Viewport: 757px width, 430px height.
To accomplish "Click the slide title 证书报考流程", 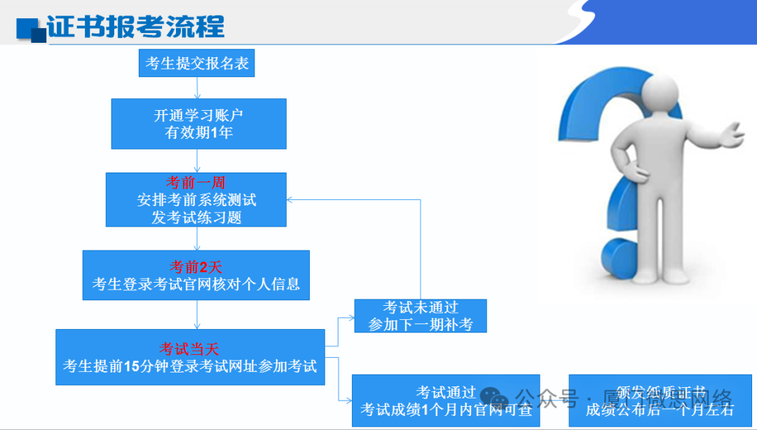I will pos(136,26).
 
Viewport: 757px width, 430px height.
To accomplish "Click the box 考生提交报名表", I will pos(197,64).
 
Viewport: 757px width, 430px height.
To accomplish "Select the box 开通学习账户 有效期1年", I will pos(198,123).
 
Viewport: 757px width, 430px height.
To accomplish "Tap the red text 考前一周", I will pos(196,184).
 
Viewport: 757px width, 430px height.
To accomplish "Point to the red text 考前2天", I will pos(196,267).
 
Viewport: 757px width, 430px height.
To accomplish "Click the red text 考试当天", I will pos(190,349).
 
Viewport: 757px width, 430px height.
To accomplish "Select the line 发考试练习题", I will pos(196,217).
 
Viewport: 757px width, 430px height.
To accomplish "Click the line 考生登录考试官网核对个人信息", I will pos(196,284).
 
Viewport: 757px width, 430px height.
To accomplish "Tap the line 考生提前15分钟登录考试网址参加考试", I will pos(190,366).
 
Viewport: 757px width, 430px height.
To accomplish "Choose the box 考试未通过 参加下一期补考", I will pos(420,316).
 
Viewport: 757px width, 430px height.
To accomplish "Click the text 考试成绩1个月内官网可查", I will pos(446,410).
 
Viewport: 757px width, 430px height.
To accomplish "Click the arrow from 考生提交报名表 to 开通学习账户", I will pos(198,88).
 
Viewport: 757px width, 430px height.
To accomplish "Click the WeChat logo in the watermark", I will pos(499,400).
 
